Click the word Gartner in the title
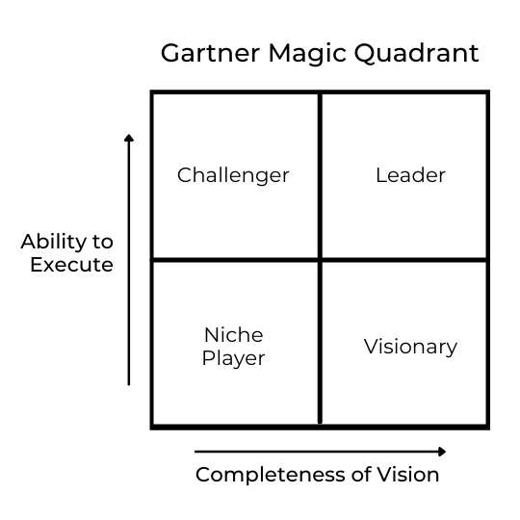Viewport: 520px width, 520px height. (210, 53)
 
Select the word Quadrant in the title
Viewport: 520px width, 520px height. (417, 53)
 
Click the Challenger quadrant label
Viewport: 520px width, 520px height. (233, 176)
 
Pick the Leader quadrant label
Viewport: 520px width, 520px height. (410, 175)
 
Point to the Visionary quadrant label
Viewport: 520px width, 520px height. (410, 348)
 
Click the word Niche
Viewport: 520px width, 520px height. (234, 335)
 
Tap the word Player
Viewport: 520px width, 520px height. (233, 359)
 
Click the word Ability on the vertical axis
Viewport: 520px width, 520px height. (52, 242)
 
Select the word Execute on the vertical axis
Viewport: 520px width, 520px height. (71, 265)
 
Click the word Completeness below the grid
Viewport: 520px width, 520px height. (271, 475)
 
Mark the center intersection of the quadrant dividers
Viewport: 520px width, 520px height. (320, 259)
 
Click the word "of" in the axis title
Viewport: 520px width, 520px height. (361, 474)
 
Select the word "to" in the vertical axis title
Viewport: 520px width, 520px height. (103, 242)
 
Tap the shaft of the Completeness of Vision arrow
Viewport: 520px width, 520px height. (316, 452)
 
